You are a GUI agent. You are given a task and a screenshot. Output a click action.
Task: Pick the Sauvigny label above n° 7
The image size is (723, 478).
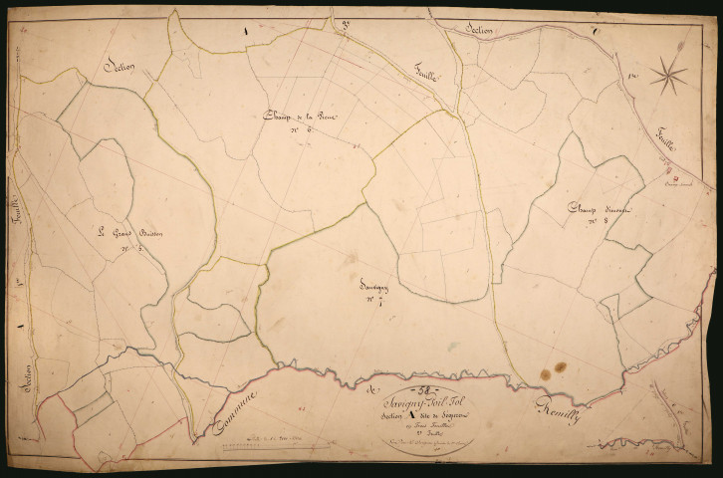(372, 283)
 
